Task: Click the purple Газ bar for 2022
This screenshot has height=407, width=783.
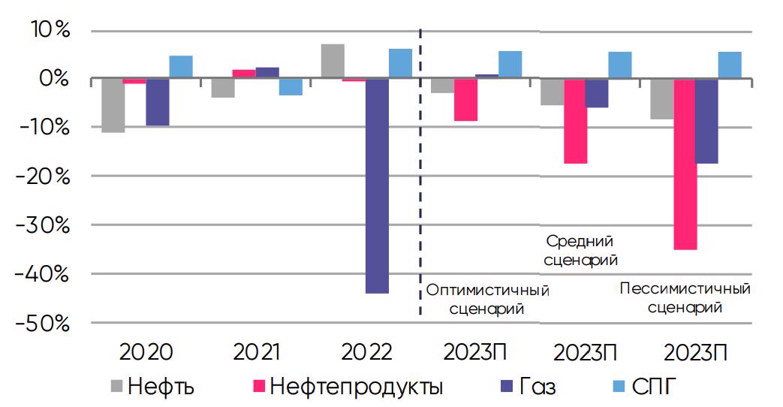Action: click(x=378, y=185)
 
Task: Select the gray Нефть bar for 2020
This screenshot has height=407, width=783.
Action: click(x=113, y=105)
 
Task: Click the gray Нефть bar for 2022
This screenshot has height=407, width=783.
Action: click(x=333, y=62)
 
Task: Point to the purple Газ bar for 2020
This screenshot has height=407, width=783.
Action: click(x=158, y=102)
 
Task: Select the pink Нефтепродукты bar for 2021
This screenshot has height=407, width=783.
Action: click(x=244, y=74)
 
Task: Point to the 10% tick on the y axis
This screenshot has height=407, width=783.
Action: click(x=50, y=31)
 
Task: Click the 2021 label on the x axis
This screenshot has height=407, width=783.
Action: click(x=257, y=352)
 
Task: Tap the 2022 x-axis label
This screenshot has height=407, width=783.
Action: click(x=366, y=352)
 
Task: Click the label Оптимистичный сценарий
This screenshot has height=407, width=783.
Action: click(x=487, y=299)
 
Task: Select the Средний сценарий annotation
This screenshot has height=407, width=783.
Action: click(x=580, y=251)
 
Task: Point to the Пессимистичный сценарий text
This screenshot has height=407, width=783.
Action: click(x=685, y=298)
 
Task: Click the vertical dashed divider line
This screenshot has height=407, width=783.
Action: click(x=420, y=173)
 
